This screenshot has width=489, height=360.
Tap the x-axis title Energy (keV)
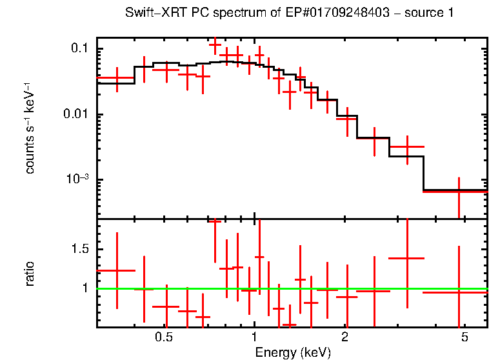click(293, 352)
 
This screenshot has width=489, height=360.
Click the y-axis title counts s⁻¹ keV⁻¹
click(30, 127)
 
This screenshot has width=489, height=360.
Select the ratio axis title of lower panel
click(30, 274)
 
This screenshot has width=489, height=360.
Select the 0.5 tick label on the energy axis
click(165, 338)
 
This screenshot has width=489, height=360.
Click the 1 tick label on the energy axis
click(254, 338)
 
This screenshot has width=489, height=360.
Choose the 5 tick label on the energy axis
click(464, 338)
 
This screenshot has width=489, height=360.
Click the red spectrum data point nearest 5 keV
click(458, 192)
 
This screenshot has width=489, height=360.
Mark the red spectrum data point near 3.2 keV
click(407, 147)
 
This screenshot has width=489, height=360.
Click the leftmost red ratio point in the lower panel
click(117, 270)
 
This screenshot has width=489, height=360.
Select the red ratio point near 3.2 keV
click(407, 258)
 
